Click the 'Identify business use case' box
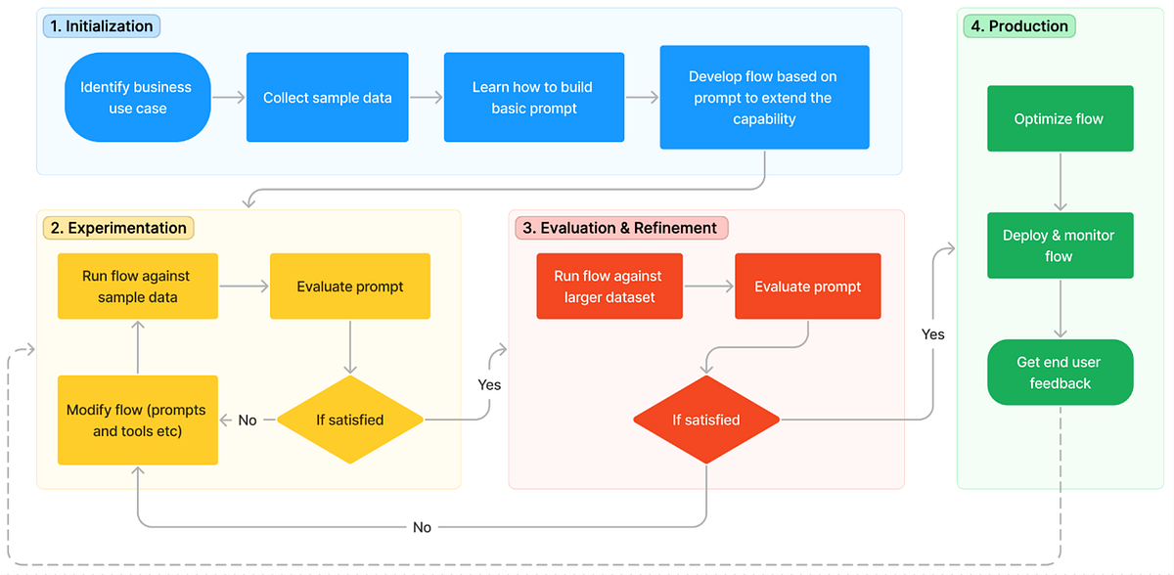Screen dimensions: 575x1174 coord(137,98)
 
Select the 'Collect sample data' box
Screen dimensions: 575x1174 coord(327,98)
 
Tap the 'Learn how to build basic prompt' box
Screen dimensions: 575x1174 coord(533,98)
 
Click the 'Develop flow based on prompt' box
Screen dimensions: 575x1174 coord(764,98)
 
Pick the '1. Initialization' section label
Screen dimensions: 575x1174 coord(102,26)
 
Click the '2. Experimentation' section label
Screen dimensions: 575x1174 coord(118,228)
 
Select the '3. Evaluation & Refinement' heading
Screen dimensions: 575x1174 coord(620,228)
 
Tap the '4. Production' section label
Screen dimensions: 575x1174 coord(1018,26)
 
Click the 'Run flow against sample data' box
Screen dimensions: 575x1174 coord(137,287)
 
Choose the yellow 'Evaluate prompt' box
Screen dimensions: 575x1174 coord(350,287)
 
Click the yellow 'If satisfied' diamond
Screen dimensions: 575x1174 coord(350,420)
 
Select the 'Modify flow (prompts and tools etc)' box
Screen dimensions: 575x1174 coord(137,420)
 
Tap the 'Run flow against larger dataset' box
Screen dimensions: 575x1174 coord(610,287)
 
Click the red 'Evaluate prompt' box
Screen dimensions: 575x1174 coord(808,287)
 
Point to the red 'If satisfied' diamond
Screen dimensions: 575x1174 coord(706,420)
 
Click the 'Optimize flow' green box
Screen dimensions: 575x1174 coord(1060,119)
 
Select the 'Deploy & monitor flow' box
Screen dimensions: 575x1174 coord(1060,245)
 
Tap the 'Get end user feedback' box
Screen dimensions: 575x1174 coord(1060,373)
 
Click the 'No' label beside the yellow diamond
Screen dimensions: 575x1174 coord(248,420)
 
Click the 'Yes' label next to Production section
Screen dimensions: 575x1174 coord(933,334)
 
